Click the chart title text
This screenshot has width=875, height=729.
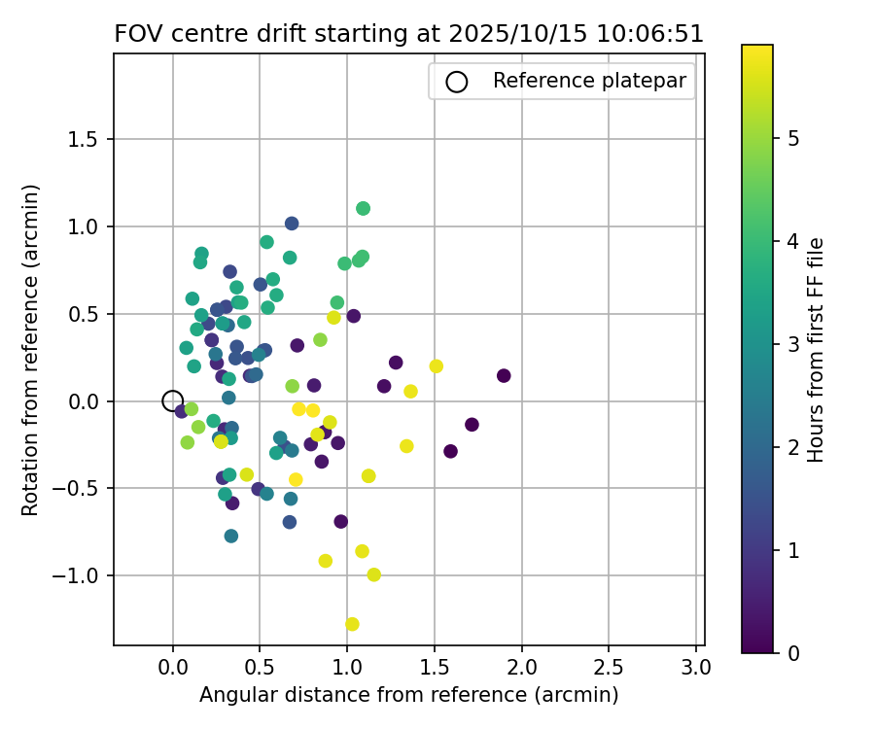point(408,34)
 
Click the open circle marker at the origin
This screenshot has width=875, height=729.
point(172,400)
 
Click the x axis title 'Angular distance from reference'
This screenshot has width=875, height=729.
point(408,695)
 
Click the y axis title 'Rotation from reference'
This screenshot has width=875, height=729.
point(31,350)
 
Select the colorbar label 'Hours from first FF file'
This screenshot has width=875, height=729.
point(817,350)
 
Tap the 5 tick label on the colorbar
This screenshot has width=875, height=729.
point(793,138)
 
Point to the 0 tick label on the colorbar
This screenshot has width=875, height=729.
point(793,652)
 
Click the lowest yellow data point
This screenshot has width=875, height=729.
point(352,624)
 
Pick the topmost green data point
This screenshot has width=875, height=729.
point(363,208)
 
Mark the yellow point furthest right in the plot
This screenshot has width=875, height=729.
point(436,366)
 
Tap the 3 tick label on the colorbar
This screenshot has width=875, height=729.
point(793,344)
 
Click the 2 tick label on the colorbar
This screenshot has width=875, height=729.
point(793,447)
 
